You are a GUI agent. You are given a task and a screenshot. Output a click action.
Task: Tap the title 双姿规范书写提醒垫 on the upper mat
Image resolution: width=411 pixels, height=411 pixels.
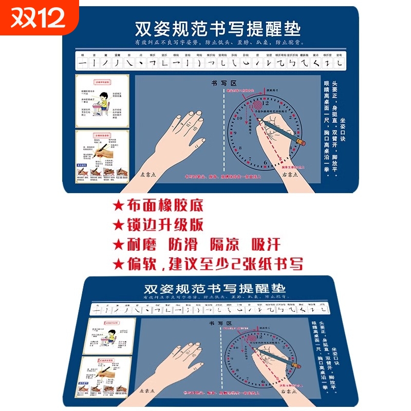[217, 28]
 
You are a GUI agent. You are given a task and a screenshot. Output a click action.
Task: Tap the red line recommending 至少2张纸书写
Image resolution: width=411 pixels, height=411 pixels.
[208, 264]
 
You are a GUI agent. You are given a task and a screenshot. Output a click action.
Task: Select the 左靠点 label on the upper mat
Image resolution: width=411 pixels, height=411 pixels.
[151, 174]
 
